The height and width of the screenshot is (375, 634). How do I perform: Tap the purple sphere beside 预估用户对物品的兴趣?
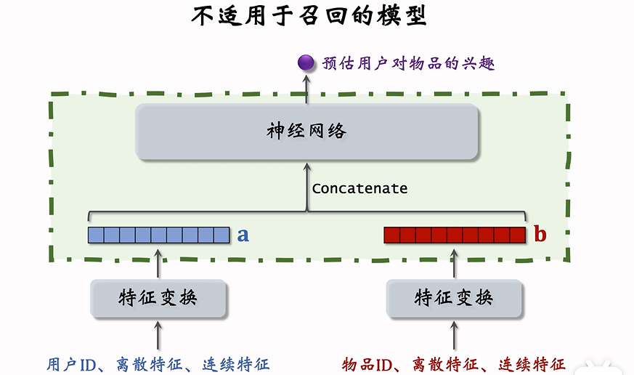click(x=306, y=63)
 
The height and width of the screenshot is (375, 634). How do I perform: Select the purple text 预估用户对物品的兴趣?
click(x=408, y=63)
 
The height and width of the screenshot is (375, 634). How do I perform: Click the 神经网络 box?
click(x=307, y=132)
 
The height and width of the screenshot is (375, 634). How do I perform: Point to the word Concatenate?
click(x=359, y=188)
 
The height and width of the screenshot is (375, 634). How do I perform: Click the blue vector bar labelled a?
click(x=158, y=235)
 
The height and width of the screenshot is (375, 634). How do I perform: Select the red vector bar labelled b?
click(x=454, y=235)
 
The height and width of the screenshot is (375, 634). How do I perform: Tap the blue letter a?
click(x=243, y=234)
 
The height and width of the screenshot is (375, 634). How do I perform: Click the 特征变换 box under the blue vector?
click(x=158, y=297)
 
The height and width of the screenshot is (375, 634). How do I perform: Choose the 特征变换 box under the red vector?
click(x=455, y=297)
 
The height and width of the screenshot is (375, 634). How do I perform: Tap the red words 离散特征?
click(x=443, y=363)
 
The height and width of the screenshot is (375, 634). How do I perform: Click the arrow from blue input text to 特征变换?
click(x=158, y=336)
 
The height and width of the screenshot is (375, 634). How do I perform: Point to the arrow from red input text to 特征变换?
click(x=455, y=336)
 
